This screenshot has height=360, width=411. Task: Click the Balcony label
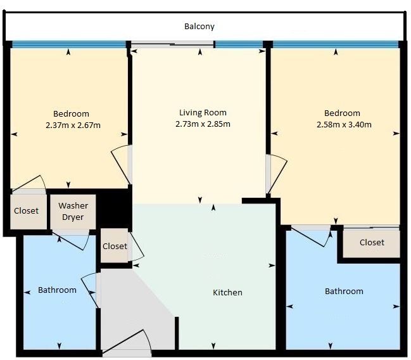pyautogui.click(x=199, y=26)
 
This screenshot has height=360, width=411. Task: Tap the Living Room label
pyautogui.click(x=203, y=113)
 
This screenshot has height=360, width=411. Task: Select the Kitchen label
pyautogui.click(x=227, y=292)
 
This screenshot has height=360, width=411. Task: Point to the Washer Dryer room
pyautogui.click(x=73, y=212)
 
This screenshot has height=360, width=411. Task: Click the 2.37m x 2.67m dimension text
pyautogui.click(x=73, y=125)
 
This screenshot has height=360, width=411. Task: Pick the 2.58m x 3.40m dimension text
pyautogui.click(x=344, y=124)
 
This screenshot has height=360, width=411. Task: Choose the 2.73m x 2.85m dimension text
pyautogui.click(x=203, y=124)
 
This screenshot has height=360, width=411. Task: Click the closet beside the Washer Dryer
pyautogui.click(x=28, y=211)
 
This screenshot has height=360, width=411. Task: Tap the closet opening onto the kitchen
pyautogui.click(x=115, y=245)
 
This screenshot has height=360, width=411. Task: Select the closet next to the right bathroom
pyautogui.click(x=372, y=243)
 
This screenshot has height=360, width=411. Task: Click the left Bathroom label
pyautogui.click(x=57, y=290)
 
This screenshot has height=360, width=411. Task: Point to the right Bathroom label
pyautogui.click(x=344, y=292)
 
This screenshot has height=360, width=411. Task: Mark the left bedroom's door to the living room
pyautogui.click(x=120, y=165)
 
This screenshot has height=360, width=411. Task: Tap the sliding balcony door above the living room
pyautogui.click(x=172, y=45)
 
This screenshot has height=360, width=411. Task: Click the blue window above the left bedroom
pyautogui.click(x=69, y=44)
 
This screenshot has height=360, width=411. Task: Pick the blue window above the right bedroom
pyautogui.click(x=336, y=44)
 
